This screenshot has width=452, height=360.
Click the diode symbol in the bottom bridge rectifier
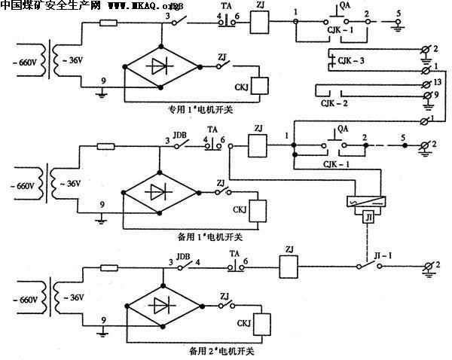coord(163,306)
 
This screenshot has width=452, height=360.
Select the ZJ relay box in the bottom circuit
coord(290,267)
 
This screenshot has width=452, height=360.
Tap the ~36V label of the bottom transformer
coord(73,297)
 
